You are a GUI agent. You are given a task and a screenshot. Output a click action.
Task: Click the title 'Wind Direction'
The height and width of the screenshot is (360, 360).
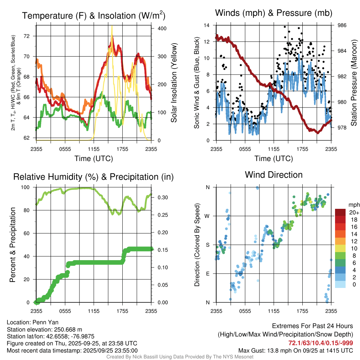tap(274, 175)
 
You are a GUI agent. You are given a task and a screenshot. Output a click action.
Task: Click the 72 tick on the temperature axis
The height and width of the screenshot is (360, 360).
tap(31, 36)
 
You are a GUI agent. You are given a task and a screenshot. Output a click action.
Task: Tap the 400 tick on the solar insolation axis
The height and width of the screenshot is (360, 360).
tap(157, 28)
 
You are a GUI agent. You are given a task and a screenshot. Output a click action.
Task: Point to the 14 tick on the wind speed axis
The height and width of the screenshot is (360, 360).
tap(207, 25)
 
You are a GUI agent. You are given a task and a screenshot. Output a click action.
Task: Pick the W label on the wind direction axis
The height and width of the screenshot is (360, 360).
tap(207, 216)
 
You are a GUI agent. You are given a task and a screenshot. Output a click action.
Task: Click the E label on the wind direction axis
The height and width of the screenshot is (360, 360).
tap(207, 274)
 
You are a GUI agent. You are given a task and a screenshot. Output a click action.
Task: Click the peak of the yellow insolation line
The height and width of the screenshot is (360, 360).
tap(112, 26)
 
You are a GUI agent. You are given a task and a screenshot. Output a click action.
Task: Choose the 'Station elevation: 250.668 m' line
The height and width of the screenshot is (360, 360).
tap(44, 329)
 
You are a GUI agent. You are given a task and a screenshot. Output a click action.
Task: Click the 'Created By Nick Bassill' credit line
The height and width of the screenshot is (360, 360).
tap(180, 357)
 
